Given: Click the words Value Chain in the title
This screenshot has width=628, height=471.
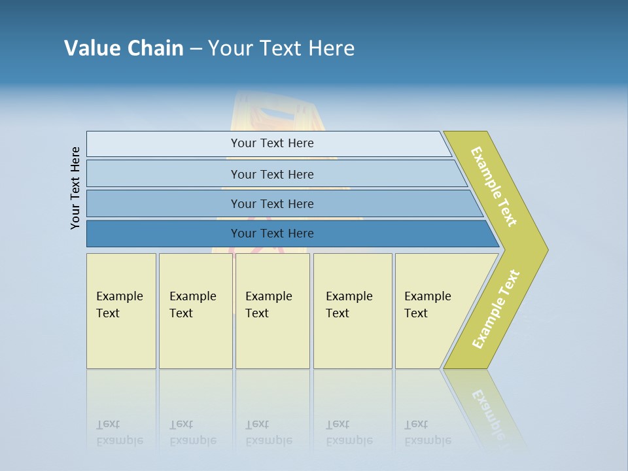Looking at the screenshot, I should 124,48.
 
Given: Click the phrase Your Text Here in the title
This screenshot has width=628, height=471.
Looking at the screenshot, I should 281,48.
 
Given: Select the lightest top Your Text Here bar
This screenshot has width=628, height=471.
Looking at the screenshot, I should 271,143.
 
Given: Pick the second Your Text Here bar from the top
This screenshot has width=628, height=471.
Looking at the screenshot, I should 271,174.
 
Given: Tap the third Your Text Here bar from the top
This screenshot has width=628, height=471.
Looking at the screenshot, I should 271,203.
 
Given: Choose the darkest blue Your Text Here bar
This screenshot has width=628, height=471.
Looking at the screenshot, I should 271,234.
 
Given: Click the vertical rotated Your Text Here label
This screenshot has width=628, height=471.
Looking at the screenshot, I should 75,188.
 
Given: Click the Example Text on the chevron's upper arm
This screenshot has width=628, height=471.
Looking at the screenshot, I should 494,186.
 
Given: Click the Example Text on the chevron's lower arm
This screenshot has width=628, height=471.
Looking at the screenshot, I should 496,309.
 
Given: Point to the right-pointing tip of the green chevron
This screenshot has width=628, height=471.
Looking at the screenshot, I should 546,249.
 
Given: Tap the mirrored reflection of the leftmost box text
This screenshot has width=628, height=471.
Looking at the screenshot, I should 119,433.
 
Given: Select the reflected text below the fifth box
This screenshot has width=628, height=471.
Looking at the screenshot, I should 427,433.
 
